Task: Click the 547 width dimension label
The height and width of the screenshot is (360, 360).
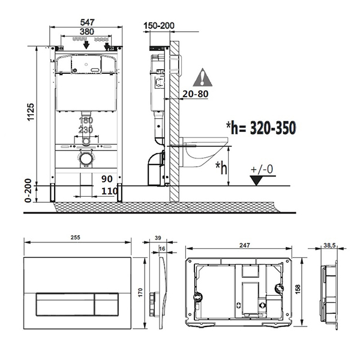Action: [87, 22]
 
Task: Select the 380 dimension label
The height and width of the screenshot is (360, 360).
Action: [87, 31]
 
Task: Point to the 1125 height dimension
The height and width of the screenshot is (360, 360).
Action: [31, 112]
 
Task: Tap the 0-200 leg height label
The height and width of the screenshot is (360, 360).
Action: [28, 191]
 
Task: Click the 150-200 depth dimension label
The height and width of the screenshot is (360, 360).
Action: [159, 25]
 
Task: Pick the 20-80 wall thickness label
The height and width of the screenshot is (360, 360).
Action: [196, 94]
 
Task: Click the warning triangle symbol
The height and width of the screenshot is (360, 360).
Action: [203, 77]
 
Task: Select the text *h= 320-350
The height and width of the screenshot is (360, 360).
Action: [261, 128]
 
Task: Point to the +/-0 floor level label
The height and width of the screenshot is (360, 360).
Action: [262, 170]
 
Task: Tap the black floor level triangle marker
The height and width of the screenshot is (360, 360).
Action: [257, 181]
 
